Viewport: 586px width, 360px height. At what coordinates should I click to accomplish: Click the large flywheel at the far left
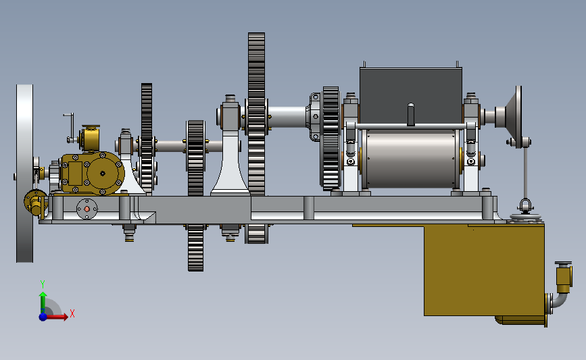click(24, 174)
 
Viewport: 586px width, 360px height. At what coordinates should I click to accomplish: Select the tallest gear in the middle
click(256, 138)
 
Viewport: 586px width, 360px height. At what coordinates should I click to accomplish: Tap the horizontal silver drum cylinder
click(411, 158)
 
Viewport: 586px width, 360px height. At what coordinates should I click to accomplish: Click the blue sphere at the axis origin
click(43, 317)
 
